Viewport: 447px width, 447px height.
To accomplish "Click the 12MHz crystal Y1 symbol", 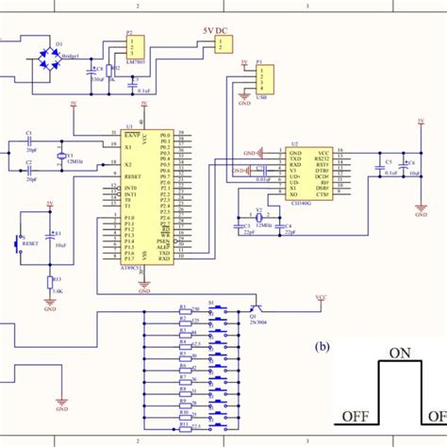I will click(x=59, y=158).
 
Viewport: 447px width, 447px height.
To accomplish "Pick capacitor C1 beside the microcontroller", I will click(x=28, y=143).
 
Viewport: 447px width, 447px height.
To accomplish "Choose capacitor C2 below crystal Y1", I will click(x=28, y=174).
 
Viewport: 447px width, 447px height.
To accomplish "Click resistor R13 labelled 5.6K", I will click(x=50, y=282).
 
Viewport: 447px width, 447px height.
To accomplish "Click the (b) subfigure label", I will click(x=323, y=346).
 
